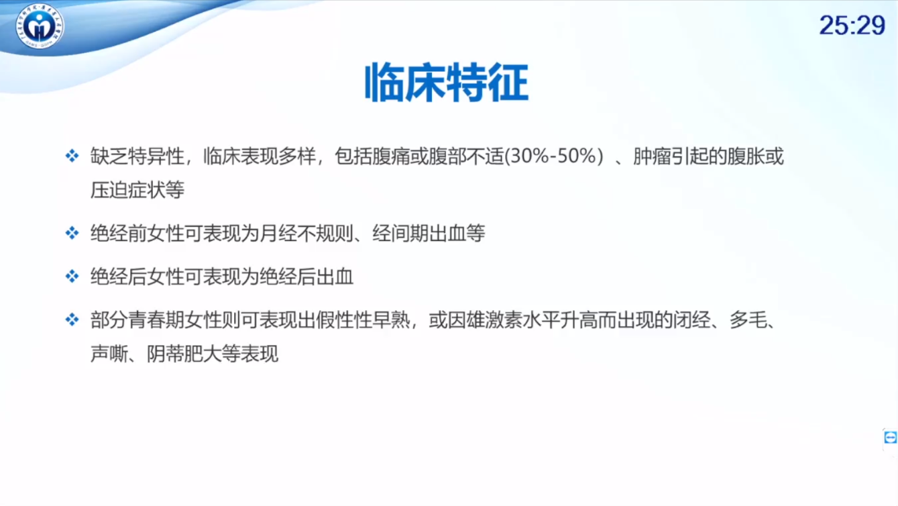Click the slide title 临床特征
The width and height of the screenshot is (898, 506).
[x=447, y=83]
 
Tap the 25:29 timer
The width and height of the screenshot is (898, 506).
[x=852, y=26]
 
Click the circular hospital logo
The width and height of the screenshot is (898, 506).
[x=40, y=26]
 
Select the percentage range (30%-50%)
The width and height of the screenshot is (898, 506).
[x=554, y=156]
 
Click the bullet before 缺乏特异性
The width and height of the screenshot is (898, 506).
[x=72, y=156]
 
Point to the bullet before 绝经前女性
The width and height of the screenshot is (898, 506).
[x=72, y=233]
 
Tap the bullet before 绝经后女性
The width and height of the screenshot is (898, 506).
[x=72, y=276]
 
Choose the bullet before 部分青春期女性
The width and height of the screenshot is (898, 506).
[x=72, y=319]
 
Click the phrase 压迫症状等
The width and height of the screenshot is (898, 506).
[x=137, y=190]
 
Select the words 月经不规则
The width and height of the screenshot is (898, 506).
[x=306, y=233]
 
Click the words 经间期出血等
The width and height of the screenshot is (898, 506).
[x=429, y=233]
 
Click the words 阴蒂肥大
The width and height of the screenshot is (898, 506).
[x=184, y=354]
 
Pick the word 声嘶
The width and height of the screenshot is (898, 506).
[x=109, y=354]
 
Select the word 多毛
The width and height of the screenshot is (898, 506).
[x=748, y=320]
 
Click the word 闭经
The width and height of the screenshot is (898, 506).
[x=691, y=320]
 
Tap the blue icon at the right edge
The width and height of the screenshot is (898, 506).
[x=890, y=437]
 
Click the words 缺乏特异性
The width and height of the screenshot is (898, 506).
[x=137, y=156]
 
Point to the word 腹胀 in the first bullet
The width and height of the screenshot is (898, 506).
[x=746, y=156]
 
